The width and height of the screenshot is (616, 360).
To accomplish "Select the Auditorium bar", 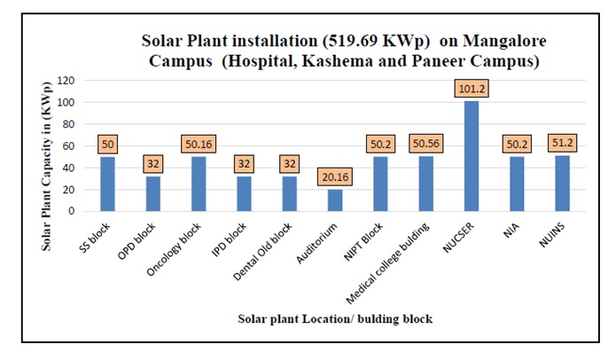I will (334, 200).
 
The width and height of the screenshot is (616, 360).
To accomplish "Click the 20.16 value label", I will (334, 177).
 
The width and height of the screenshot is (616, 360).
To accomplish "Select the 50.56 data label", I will (425, 145).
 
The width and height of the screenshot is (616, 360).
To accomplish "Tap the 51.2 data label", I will (562, 144).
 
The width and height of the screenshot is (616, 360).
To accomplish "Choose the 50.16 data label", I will (198, 145).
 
